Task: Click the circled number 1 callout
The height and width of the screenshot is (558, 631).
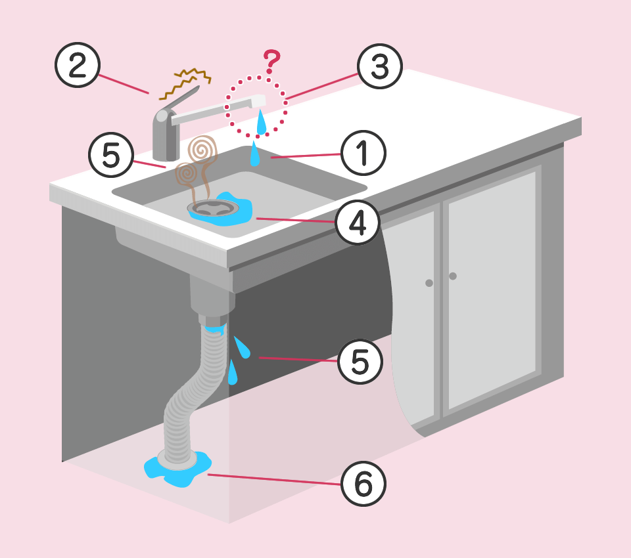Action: click(363, 153)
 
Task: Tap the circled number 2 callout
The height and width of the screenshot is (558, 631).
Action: click(78, 65)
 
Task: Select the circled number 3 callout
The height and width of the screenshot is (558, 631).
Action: click(379, 66)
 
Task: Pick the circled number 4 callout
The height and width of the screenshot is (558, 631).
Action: click(358, 223)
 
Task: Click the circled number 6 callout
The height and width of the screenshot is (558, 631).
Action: click(363, 484)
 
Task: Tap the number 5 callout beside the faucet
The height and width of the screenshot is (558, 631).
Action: click(111, 155)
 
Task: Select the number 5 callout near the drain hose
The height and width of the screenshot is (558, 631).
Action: click(360, 361)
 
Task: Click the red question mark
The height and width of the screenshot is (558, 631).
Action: click(272, 62)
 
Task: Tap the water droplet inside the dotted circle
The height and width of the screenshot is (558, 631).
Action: click(262, 122)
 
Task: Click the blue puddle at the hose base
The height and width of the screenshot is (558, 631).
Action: click(177, 469)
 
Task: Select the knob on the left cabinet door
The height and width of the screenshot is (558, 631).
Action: click(429, 283)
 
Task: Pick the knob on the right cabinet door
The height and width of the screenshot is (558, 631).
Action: click(453, 276)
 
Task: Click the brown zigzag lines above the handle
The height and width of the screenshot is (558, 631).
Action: click(185, 83)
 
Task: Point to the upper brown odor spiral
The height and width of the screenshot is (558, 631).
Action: click(203, 149)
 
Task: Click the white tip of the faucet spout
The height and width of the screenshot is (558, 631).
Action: click(259, 100)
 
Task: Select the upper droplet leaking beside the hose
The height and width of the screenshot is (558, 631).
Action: click(243, 347)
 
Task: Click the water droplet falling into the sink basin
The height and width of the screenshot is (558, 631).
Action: click(255, 154)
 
